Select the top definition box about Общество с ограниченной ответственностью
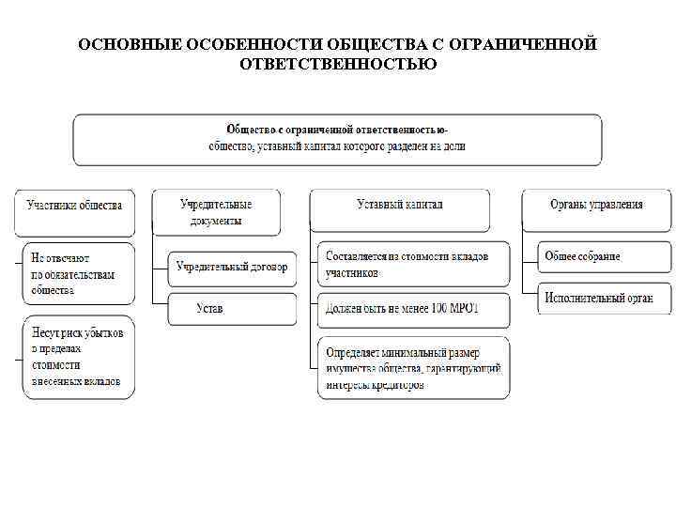pyautogui.click(x=337, y=139)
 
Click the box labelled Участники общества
pyautogui.click(x=74, y=211)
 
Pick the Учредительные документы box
pyautogui.click(x=216, y=211)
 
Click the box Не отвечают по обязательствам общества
pyautogui.click(x=78, y=272)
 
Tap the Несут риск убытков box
pyautogui.click(x=78, y=358)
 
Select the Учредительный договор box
pyautogui.click(x=232, y=267)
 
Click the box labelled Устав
pyautogui.click(x=232, y=309)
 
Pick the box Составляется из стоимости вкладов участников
pyautogui.click(x=414, y=265)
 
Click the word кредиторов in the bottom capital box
pyautogui.click(x=397, y=385)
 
